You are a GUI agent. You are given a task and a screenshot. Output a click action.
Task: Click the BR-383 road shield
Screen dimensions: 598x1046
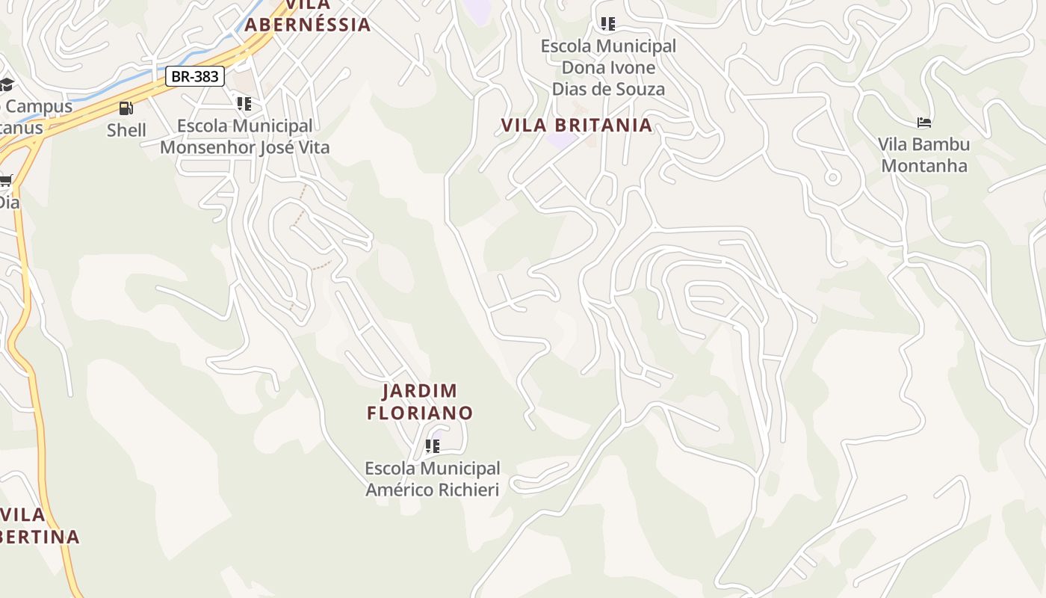pos(194,76)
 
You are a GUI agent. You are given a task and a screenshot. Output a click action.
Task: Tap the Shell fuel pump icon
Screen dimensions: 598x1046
pos(126,108)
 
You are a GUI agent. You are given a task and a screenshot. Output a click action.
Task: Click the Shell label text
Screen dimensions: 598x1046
pos(126,130)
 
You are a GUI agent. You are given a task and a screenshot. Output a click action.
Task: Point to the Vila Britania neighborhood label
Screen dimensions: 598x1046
pos(577,125)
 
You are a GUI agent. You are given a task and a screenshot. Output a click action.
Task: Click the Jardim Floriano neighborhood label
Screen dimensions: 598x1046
pos(420,401)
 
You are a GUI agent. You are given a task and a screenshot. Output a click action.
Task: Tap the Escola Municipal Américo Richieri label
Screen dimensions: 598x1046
pos(432,478)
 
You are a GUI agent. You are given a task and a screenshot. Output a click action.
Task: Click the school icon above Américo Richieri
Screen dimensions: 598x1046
pos(432,446)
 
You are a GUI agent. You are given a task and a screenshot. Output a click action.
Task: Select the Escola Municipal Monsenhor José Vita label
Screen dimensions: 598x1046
pos(244,136)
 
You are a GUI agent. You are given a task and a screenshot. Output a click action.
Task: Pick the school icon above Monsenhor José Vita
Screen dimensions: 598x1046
pos(244,103)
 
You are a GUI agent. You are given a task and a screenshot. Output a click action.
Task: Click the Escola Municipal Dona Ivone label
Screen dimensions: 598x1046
pos(608,67)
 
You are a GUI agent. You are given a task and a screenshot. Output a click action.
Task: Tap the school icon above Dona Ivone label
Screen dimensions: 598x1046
pos(608,24)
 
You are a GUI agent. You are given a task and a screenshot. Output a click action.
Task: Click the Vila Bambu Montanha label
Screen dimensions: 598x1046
pos(923,155)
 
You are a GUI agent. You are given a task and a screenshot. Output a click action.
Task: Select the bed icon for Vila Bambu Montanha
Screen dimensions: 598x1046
pos(924,123)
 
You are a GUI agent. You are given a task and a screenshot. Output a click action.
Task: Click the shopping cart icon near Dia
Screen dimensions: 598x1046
pos(6,180)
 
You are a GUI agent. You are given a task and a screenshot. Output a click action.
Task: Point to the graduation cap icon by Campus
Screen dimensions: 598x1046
pos(6,84)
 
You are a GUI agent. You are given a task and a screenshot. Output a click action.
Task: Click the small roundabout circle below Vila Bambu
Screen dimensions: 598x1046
pos(832,177)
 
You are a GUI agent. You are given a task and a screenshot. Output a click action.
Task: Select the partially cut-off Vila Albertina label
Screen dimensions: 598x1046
pos(37,525)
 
